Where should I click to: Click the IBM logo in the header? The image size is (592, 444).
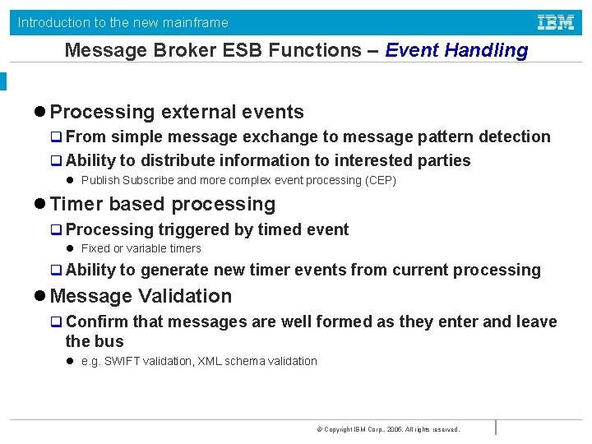555,22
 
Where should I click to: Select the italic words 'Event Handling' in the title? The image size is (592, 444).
456,50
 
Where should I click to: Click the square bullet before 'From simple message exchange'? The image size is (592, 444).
57,137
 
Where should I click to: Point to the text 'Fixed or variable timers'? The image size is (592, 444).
141,248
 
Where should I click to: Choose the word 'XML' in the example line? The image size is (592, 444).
210,361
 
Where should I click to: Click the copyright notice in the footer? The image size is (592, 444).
387,429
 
